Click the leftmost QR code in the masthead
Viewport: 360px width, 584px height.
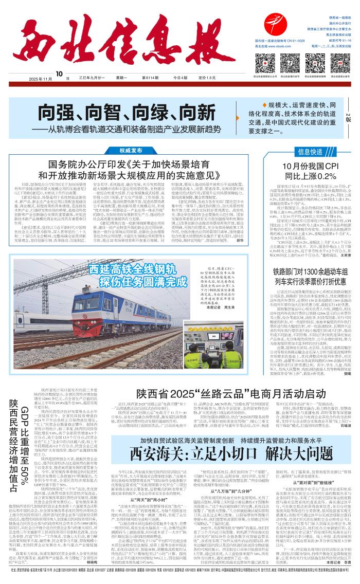[263, 64]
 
